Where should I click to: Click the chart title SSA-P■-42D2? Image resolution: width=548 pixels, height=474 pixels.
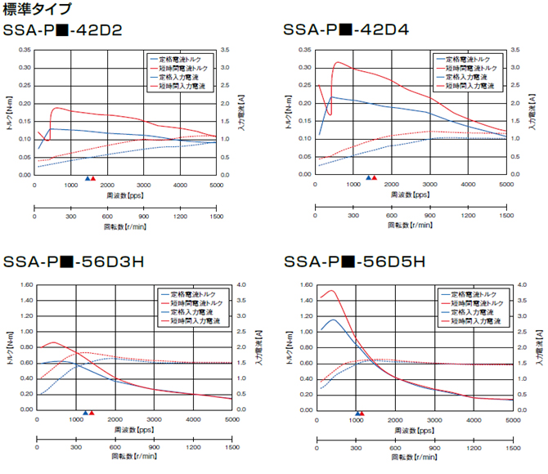click(63, 31)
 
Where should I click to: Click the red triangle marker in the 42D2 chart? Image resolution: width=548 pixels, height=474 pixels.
click(92, 178)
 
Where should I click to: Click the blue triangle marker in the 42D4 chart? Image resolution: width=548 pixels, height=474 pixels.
click(368, 178)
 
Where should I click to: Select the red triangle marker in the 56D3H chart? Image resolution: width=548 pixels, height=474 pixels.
click(91, 413)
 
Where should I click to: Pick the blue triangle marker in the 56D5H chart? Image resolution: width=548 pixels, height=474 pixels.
click(357, 413)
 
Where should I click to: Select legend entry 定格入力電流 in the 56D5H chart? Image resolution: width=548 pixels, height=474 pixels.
click(474, 312)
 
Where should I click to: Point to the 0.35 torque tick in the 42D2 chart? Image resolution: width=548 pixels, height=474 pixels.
click(24, 50)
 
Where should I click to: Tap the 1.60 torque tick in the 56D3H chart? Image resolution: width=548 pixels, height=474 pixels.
click(24, 285)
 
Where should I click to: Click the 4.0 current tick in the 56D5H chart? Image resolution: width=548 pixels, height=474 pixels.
click(521, 285)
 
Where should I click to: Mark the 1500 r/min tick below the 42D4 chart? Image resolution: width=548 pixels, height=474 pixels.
click(505, 216)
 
